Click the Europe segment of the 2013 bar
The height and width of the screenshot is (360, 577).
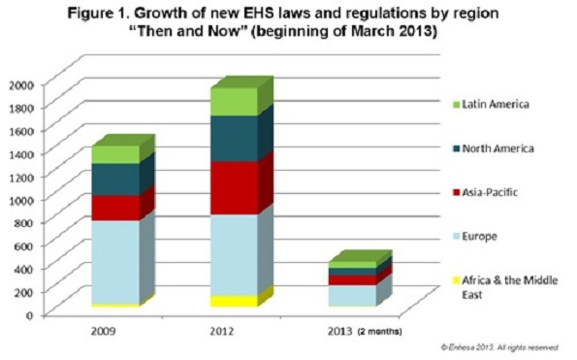point(349,295)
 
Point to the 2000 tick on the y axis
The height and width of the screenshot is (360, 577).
point(19,84)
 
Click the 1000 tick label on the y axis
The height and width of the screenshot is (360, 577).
point(19,199)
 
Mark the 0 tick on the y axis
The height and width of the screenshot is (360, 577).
point(30,314)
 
